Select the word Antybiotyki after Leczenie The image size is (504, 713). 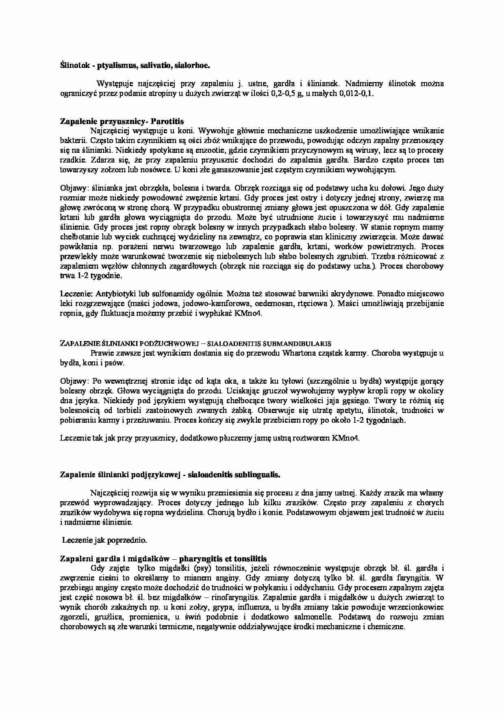click(116, 293)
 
